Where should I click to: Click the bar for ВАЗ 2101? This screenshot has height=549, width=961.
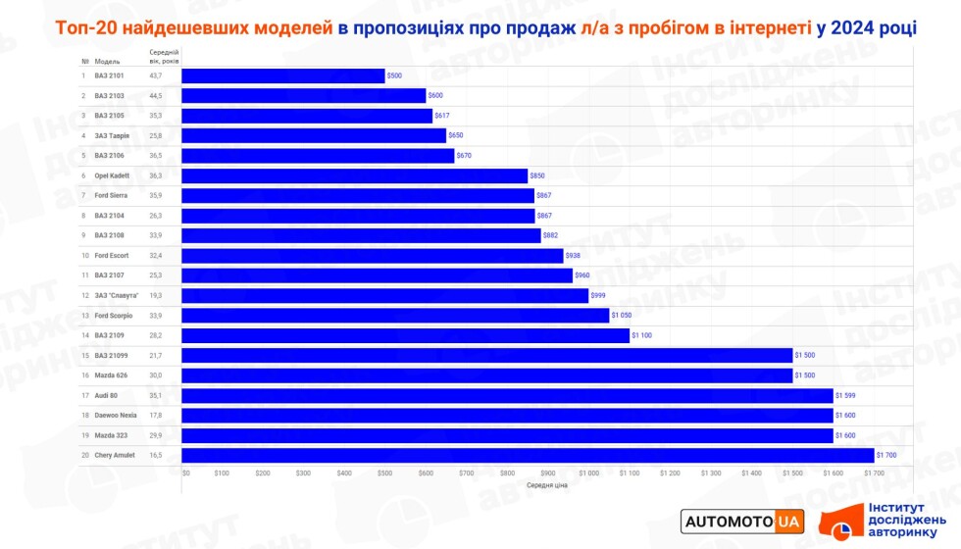pos(283,75)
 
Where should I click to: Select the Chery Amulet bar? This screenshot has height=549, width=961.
pos(528,455)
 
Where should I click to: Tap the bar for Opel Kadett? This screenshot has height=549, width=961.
pos(355,175)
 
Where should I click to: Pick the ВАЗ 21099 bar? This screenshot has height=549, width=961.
pos(486,355)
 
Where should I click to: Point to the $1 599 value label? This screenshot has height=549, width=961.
pos(847,395)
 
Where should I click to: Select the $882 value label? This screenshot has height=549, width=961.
pos(553,235)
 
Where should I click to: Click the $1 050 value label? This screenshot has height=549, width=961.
pos(624,316)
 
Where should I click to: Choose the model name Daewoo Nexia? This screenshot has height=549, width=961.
pos(117,416)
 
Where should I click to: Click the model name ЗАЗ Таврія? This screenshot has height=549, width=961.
pos(112,135)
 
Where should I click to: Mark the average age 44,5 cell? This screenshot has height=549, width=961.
pos(155,95)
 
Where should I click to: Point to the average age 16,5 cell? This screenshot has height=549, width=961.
pos(155,455)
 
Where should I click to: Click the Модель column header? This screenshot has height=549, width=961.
pos(107,61)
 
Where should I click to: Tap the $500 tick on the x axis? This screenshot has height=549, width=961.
pos(384,473)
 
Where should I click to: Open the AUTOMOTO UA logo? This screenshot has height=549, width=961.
pos(742,521)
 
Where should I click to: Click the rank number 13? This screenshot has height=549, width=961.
pos(84,316)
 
